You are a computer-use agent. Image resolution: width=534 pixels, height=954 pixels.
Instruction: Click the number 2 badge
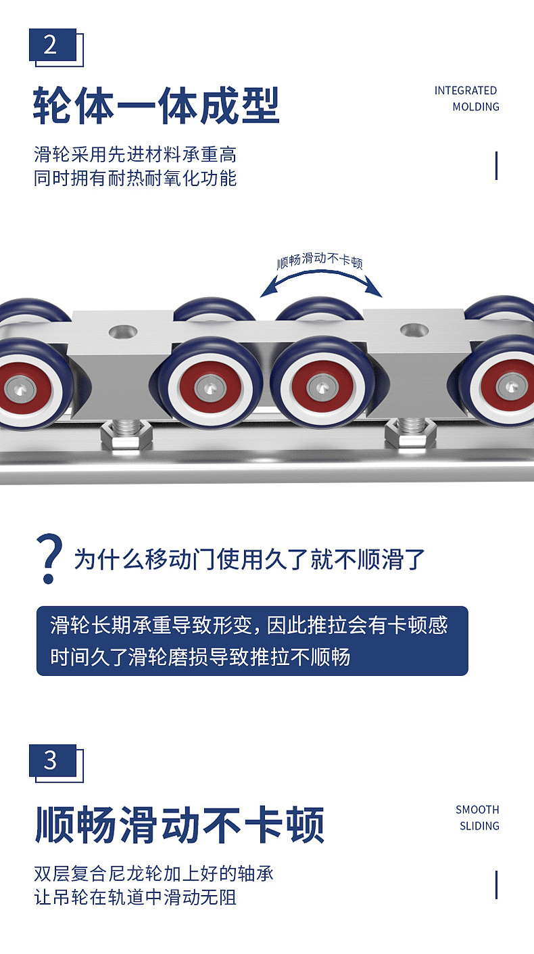(x=52, y=45)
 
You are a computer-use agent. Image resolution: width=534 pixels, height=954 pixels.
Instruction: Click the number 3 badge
(x=52, y=760)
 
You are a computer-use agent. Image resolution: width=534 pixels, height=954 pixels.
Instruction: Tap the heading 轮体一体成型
(x=156, y=106)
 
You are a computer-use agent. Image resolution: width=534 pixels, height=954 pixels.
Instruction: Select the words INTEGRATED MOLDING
(x=466, y=99)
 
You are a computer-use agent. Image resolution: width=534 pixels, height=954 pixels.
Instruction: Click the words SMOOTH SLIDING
(x=477, y=817)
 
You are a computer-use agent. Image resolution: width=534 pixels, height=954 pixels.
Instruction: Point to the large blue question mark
(x=49, y=558)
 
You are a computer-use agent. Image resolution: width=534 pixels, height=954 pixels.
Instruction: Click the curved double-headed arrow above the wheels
(x=322, y=281)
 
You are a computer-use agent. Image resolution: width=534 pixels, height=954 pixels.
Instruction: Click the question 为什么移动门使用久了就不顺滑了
(x=250, y=560)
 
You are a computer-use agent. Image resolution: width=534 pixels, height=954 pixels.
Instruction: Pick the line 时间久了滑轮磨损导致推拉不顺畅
(x=200, y=656)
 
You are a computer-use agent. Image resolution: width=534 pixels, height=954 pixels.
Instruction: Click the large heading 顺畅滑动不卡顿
(x=179, y=825)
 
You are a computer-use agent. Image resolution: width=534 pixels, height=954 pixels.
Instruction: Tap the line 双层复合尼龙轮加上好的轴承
(x=153, y=873)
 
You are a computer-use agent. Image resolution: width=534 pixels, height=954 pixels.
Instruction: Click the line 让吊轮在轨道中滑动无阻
(x=135, y=898)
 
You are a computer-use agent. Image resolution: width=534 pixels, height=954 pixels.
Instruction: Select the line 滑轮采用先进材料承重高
(x=135, y=155)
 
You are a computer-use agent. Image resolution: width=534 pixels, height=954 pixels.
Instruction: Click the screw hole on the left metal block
(x=122, y=332)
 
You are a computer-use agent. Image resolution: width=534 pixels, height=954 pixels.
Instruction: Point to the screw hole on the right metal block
(x=414, y=330)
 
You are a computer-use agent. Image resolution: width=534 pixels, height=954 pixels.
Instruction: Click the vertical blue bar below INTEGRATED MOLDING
(x=497, y=166)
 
